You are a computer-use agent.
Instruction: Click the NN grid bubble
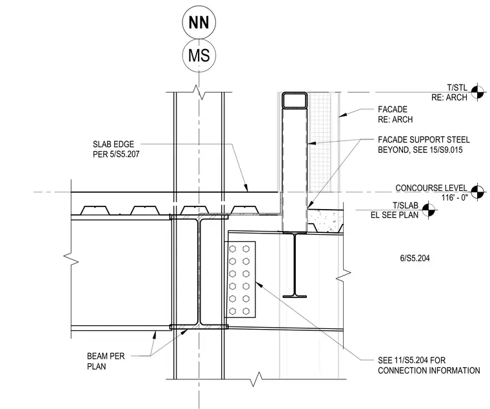point(199,23)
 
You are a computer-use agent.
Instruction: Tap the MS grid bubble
point(199,55)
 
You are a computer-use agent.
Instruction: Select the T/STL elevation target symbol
point(477,92)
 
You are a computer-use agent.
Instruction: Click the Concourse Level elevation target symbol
point(477,192)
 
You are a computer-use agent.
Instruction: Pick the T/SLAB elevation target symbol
point(429,210)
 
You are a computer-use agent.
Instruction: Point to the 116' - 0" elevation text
point(455,197)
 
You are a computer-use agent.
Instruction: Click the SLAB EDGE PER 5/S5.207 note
point(116,149)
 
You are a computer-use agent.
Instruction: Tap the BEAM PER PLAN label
point(106,361)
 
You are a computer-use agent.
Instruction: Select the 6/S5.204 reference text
point(415,258)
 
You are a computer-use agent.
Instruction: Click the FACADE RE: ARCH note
point(395,114)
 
